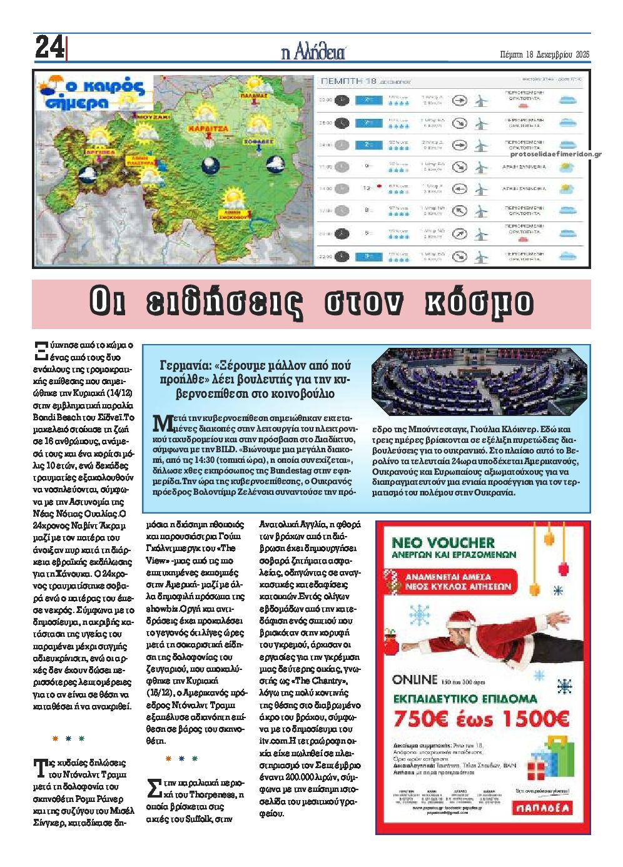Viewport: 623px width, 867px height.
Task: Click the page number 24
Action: pyautogui.click(x=49, y=48)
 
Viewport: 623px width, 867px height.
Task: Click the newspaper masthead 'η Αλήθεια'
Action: pyautogui.click(x=313, y=52)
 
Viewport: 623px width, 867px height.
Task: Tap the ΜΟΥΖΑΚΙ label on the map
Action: pyautogui.click(x=151, y=116)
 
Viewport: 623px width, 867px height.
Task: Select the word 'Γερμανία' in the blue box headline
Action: pyautogui.click(x=181, y=366)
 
